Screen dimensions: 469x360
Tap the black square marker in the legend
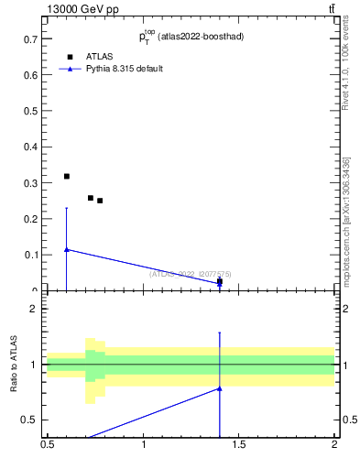pos(71,57)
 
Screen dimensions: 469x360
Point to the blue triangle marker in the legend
pos(71,69)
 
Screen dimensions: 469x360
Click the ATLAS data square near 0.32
pos(66,176)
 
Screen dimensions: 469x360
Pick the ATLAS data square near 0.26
pos(91,198)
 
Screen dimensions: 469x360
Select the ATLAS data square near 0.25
pos(100,201)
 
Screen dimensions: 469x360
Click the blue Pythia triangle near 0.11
pos(66,249)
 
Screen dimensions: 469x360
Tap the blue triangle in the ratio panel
pos(219,388)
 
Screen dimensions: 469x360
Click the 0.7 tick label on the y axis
pos(30,39)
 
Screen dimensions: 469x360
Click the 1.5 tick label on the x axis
pos(239,446)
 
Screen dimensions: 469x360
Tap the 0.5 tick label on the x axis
pos(48,446)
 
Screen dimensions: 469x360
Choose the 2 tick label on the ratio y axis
pos(34,309)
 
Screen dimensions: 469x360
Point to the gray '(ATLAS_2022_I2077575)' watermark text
pos(191,274)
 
